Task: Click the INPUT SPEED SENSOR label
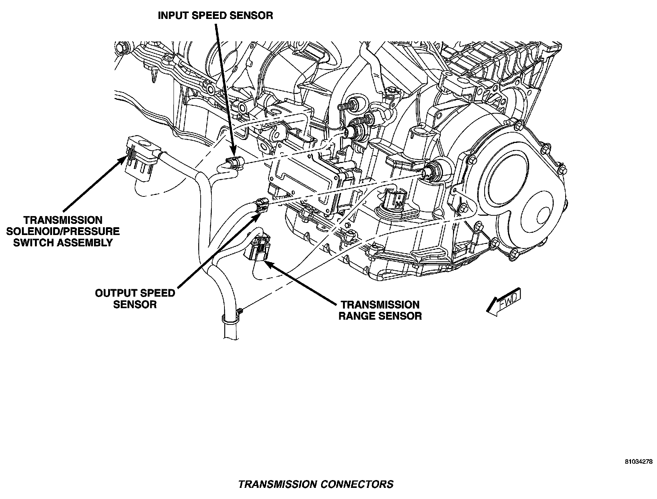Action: (215, 16)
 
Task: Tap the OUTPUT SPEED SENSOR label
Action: (135, 299)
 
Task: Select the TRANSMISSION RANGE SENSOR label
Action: (380, 310)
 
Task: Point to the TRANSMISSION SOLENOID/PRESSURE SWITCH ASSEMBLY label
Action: (63, 231)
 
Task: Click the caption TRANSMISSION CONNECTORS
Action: (315, 484)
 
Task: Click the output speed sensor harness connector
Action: (261, 205)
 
